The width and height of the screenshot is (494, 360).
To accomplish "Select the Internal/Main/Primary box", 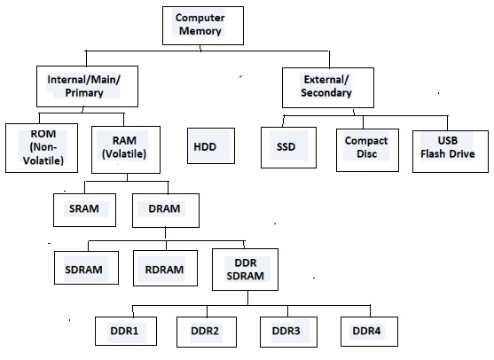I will pos(85,85).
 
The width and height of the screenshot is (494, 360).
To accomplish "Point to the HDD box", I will pos(209,146).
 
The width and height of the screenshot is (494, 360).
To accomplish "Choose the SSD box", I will pos(285,146).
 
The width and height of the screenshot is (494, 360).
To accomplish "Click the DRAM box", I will pos(165,210).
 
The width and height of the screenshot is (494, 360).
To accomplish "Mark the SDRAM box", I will pos(85,268).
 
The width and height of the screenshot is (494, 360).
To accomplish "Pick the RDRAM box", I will pos(165,268).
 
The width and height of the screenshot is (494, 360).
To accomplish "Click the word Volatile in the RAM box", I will pos(129,153).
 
